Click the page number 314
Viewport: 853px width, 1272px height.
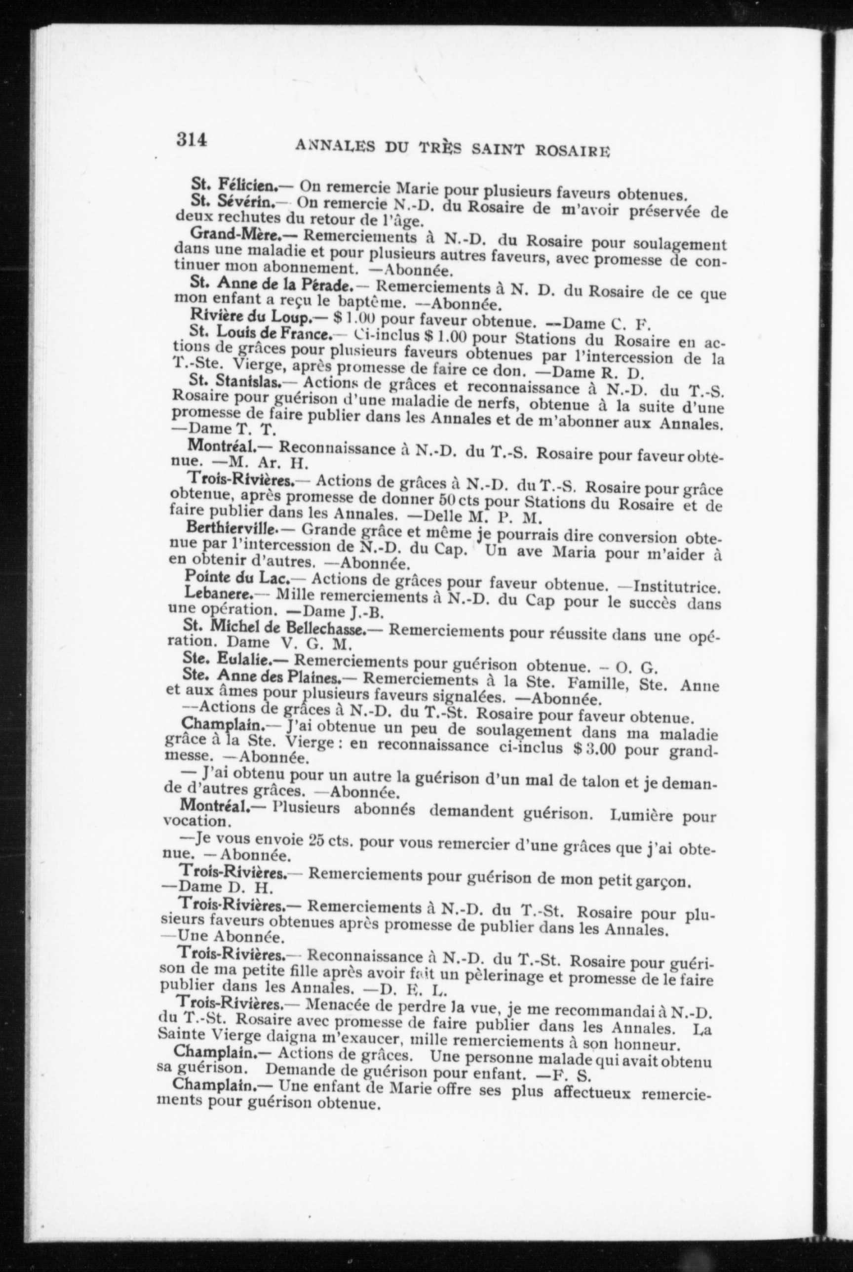coord(192,140)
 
